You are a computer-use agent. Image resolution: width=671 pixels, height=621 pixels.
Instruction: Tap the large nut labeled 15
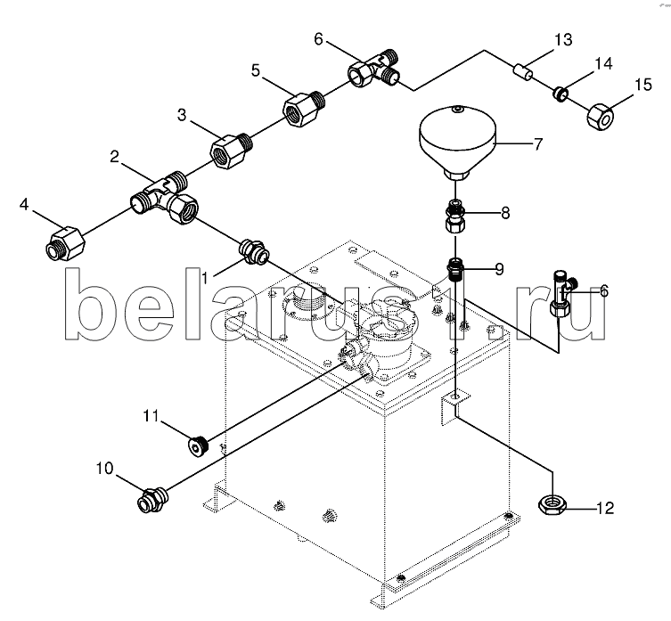pyautogui.click(x=601, y=113)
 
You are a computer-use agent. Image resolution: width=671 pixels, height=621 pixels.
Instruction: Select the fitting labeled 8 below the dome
pyautogui.click(x=454, y=217)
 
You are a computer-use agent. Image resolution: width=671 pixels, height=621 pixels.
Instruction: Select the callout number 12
pyautogui.click(x=604, y=509)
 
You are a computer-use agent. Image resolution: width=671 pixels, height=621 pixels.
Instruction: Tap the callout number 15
pyautogui.click(x=642, y=85)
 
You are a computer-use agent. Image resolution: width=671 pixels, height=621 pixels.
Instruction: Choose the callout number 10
pyautogui.click(x=106, y=466)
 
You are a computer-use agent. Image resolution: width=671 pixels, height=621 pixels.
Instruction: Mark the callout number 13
pyautogui.click(x=562, y=39)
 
